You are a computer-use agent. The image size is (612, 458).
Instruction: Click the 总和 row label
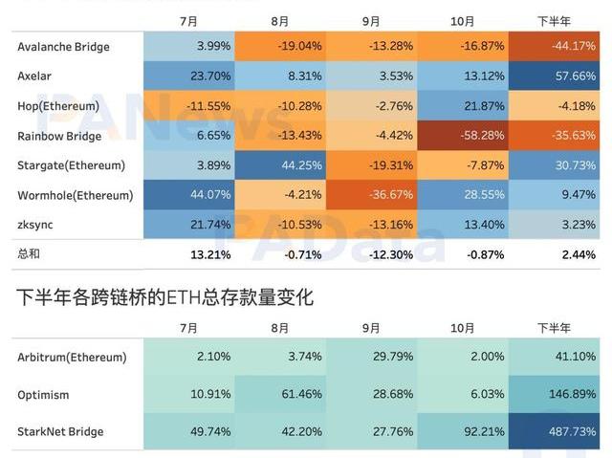pos(31,254)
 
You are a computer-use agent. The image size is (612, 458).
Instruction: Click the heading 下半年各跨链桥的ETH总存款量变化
pos(164,297)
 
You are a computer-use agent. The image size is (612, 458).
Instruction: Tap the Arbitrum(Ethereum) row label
pos(72,358)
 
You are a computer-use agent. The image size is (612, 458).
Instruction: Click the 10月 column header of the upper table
pos(463,20)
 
